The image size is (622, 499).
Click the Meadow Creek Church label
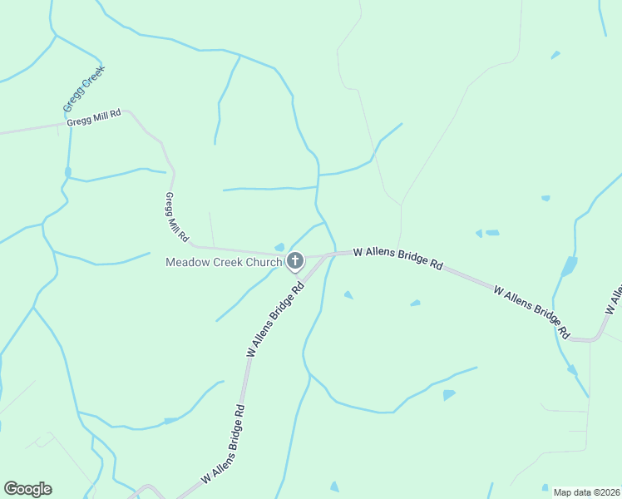[x=224, y=262]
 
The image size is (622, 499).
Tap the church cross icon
[x=294, y=262]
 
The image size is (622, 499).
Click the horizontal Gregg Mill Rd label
[x=94, y=118]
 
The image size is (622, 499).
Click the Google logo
[x=27, y=489]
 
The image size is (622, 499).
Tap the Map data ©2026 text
[x=587, y=492]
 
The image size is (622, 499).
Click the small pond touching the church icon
[x=279, y=247]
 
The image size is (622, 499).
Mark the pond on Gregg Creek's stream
[x=68, y=172]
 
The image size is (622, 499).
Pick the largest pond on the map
[x=569, y=267]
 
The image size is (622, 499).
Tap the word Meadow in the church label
[x=185, y=262]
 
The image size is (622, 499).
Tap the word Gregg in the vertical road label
[x=170, y=203]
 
